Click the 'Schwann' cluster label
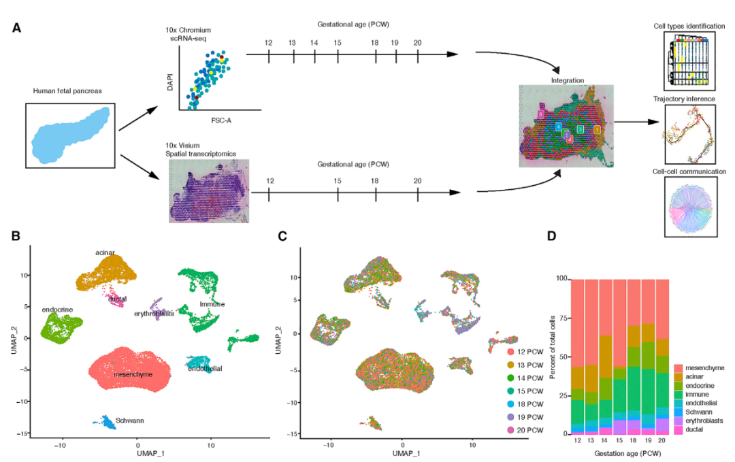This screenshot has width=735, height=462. tap(128, 420)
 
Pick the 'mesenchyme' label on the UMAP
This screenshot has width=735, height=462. tap(133, 374)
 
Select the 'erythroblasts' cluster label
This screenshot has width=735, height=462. tap(154, 313)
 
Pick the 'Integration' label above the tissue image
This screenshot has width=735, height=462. tap(567, 80)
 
